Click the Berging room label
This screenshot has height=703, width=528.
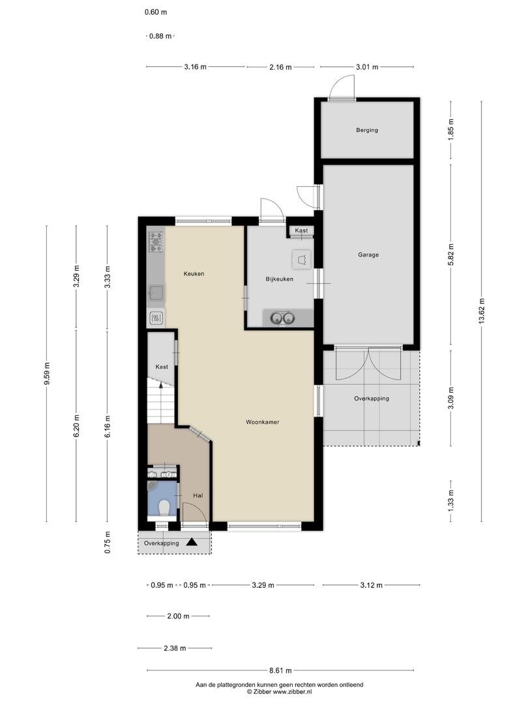367,130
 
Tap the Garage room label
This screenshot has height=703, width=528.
368,255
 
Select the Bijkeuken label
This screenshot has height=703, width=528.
279,279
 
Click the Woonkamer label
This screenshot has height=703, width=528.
263,422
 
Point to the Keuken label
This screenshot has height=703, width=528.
194,273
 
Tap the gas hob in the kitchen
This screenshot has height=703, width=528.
156,241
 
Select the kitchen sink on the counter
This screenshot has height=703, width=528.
156,293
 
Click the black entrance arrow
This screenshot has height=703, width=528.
192,542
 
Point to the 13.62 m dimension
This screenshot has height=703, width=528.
482,311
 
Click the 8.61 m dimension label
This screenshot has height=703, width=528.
280,670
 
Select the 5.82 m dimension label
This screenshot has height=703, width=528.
451,255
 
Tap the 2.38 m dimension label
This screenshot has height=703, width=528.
175,648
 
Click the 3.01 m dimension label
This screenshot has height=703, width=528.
367,67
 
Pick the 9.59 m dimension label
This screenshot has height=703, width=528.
47,373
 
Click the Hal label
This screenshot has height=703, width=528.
198,495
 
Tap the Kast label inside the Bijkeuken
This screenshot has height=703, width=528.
301,230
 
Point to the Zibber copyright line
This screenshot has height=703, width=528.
279,692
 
